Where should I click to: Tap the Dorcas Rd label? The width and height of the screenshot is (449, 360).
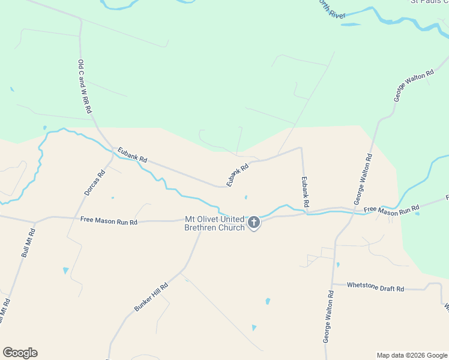94,184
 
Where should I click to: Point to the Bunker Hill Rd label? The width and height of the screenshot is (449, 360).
151,298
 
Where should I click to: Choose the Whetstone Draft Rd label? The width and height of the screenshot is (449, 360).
375,287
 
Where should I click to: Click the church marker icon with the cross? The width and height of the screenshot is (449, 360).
254,223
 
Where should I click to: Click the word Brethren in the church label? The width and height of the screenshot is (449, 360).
202,228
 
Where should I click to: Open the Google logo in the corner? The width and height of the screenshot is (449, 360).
20,353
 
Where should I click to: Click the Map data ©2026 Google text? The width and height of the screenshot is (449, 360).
412,355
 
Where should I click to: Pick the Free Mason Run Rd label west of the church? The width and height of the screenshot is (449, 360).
109,221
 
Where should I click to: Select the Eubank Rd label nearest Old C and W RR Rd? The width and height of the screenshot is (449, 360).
132,155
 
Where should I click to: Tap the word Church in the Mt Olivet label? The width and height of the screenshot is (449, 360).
232,228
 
